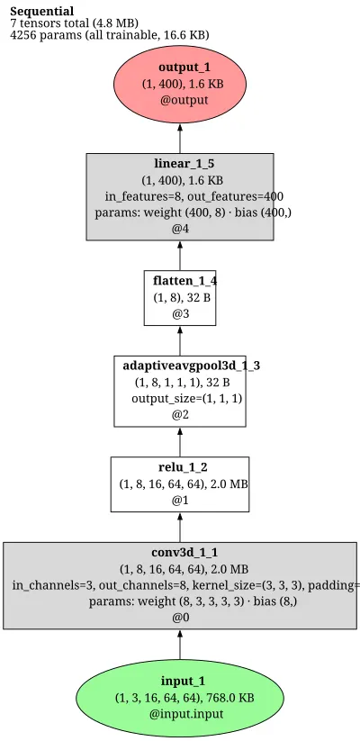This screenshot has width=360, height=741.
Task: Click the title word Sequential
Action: coord(42,12)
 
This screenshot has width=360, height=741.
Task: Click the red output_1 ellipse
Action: coord(179,84)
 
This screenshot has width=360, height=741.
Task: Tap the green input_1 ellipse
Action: coord(179,698)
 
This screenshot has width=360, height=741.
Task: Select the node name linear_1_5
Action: coord(179,164)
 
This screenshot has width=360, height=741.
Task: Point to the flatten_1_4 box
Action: coord(179,298)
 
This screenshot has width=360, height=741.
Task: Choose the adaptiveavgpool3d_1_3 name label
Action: coord(192,366)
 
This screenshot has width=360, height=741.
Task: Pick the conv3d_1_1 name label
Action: coord(184,553)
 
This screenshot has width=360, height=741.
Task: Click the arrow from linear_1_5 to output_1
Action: coord(179,138)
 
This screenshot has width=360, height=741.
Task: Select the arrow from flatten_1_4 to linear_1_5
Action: coord(179,255)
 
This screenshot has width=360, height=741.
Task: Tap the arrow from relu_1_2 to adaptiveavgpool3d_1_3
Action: coord(179,442)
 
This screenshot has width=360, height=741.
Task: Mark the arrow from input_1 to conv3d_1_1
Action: coord(179,644)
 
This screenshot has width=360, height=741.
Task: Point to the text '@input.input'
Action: coord(186,714)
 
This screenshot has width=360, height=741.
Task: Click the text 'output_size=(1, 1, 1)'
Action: coord(186,398)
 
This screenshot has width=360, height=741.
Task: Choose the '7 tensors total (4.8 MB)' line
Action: coord(74,23)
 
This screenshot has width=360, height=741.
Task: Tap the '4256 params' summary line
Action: coord(110,35)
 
